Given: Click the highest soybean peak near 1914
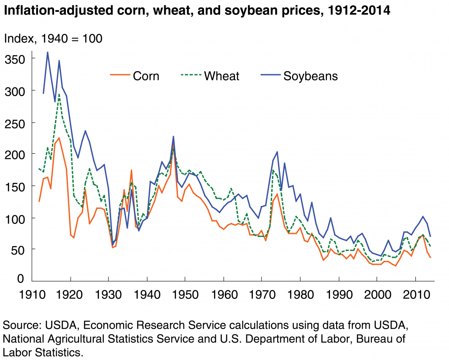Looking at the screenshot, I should pos(48,52).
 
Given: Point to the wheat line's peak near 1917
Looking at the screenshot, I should pos(59,94).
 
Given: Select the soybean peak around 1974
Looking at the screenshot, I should pos(277,152).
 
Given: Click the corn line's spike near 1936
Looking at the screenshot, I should pos(131,170).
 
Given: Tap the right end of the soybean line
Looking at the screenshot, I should pos(431,237).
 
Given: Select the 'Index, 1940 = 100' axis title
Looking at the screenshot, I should pos(53,38).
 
